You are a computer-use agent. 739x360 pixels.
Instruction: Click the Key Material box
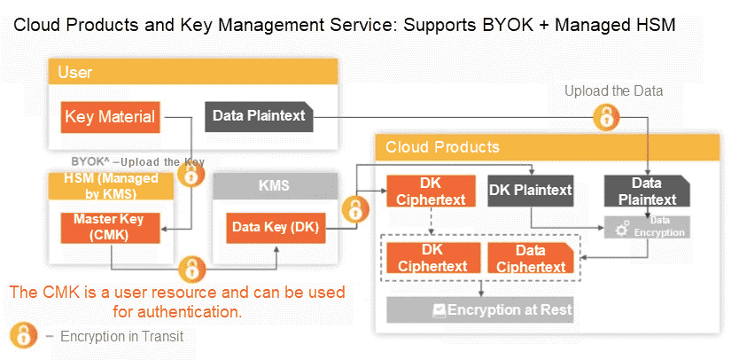111,116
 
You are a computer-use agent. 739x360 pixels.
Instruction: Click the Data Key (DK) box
276,227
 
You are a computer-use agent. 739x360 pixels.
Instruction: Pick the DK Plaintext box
531,189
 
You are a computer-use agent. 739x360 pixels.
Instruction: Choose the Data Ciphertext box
530,257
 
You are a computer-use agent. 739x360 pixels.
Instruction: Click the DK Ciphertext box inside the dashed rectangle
432,257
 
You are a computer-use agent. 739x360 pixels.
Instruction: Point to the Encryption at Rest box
480,309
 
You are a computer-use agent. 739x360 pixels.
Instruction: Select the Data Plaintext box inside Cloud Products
647,191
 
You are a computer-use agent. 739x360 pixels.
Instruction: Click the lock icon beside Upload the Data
606,115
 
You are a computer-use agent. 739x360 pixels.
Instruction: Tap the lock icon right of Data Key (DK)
354,211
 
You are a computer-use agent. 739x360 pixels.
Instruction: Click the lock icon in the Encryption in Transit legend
21,336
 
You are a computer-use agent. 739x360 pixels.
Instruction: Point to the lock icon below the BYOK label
191,174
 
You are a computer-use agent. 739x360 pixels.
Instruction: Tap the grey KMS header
276,186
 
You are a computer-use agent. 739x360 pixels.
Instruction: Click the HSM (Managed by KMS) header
111,187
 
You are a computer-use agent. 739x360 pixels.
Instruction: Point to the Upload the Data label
613,90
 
